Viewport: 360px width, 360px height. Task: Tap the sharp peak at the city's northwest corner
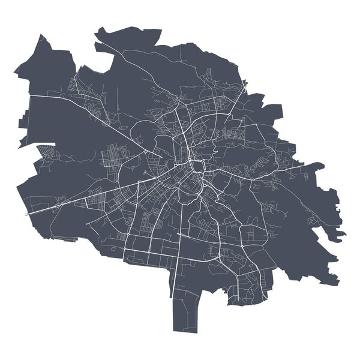41,37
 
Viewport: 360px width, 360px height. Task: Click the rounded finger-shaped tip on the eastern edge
319,167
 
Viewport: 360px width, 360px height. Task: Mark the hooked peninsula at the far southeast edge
339,231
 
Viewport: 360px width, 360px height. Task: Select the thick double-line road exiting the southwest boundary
42,210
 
